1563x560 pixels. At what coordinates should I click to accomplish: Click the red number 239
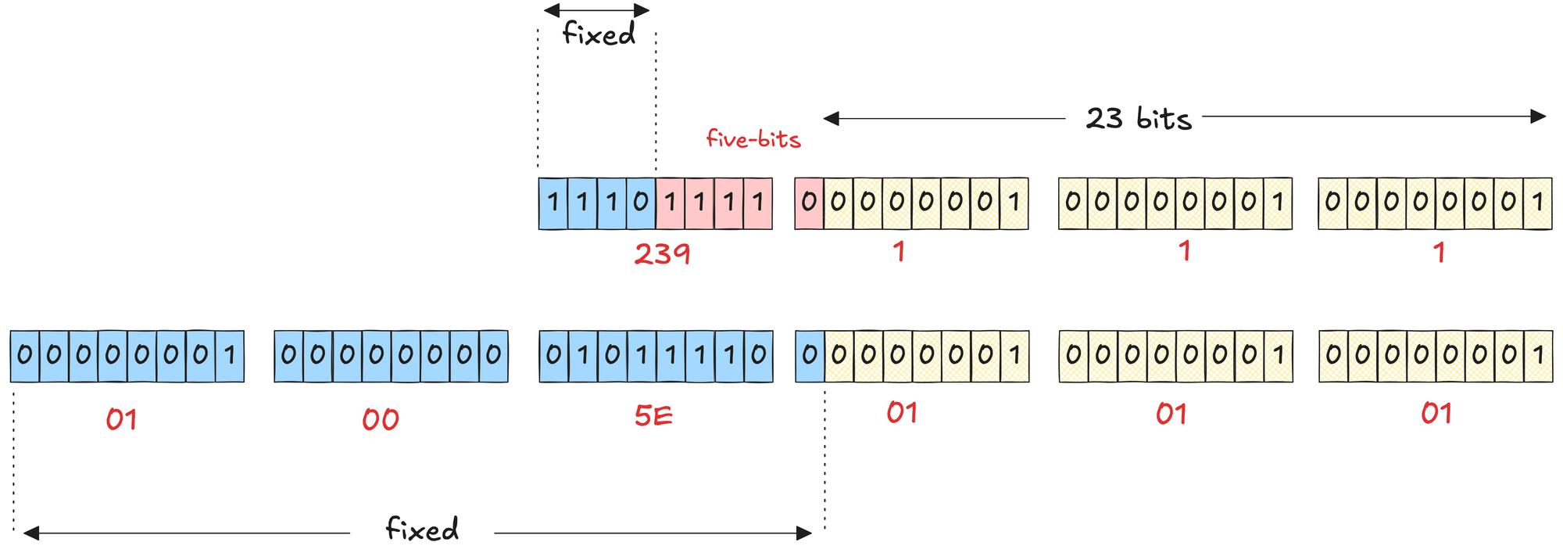[x=662, y=253]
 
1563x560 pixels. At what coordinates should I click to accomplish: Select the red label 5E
[x=653, y=416]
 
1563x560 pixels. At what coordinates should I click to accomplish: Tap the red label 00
[x=381, y=420]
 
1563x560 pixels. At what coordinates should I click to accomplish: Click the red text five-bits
[x=753, y=139]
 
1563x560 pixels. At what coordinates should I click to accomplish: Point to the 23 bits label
[x=1139, y=119]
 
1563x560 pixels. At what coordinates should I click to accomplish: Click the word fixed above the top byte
[x=599, y=34]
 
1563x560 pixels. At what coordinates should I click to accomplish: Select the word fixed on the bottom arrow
[x=422, y=529]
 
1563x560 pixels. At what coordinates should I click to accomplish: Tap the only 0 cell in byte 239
[x=641, y=203]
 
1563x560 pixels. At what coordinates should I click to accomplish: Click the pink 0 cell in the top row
[x=809, y=203]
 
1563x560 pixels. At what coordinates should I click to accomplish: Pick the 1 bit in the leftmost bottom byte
[x=230, y=355]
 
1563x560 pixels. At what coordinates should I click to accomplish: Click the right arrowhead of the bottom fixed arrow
[x=804, y=533]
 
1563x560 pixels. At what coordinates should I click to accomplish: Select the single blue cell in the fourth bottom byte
[x=810, y=355]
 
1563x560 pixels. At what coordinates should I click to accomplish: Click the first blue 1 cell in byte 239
[x=553, y=203]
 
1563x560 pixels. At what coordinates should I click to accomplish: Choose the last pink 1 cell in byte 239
[x=758, y=203]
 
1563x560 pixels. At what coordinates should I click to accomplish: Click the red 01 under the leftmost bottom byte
[x=122, y=420]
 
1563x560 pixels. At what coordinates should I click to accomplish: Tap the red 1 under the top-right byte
[x=1439, y=253]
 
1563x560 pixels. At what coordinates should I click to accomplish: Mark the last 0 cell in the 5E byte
[x=758, y=355]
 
